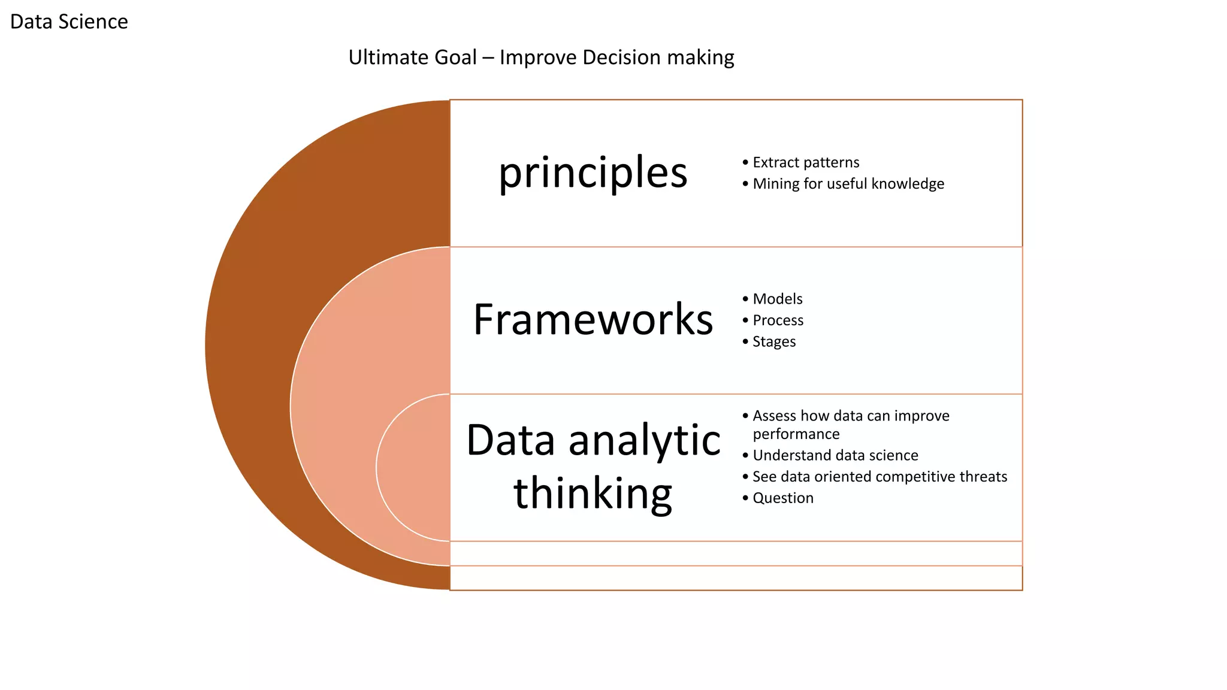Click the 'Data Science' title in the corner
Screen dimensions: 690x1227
[69, 22]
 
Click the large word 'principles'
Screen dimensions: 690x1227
[593, 172]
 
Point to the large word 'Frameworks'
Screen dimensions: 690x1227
[593, 319]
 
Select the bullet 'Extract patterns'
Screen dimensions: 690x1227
[805, 162]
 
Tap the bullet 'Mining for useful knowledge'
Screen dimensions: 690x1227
[848, 184]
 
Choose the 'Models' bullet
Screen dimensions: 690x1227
[777, 299]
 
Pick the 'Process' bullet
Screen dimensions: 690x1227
[778, 320]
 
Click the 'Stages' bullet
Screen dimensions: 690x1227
[773, 341]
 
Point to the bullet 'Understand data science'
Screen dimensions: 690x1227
[835, 455]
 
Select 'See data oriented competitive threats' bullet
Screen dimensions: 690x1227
[879, 477]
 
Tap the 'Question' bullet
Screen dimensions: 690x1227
[782, 498]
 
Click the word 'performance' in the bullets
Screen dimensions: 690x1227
[796, 434]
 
